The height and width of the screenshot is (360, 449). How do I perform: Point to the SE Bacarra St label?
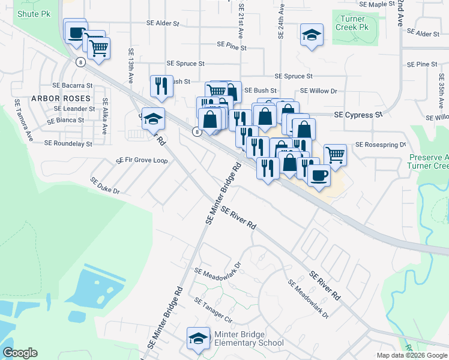72,86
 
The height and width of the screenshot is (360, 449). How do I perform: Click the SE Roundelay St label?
68,143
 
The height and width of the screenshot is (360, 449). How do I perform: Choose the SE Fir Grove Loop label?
142,160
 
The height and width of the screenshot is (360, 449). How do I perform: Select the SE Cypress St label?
358,114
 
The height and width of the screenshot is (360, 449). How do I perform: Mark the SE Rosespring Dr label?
381,145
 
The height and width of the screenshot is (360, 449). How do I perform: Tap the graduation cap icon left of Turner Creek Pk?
312,35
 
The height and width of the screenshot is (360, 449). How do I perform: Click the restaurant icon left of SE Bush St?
160,86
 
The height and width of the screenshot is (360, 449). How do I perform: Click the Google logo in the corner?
20,353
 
